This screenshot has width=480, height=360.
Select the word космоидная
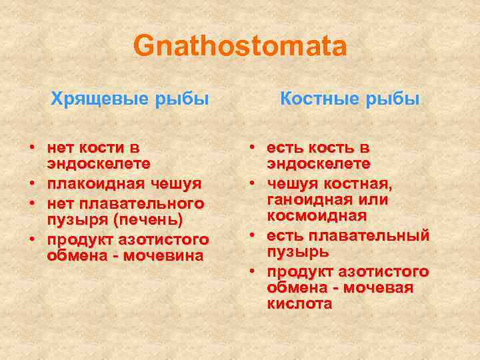pyautogui.click(x=317, y=216)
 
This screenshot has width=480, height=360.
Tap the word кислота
pyautogui.click(x=299, y=304)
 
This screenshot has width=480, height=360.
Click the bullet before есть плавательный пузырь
pyautogui.click(x=254, y=237)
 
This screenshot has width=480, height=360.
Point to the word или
pyautogui.click(x=375, y=200)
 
